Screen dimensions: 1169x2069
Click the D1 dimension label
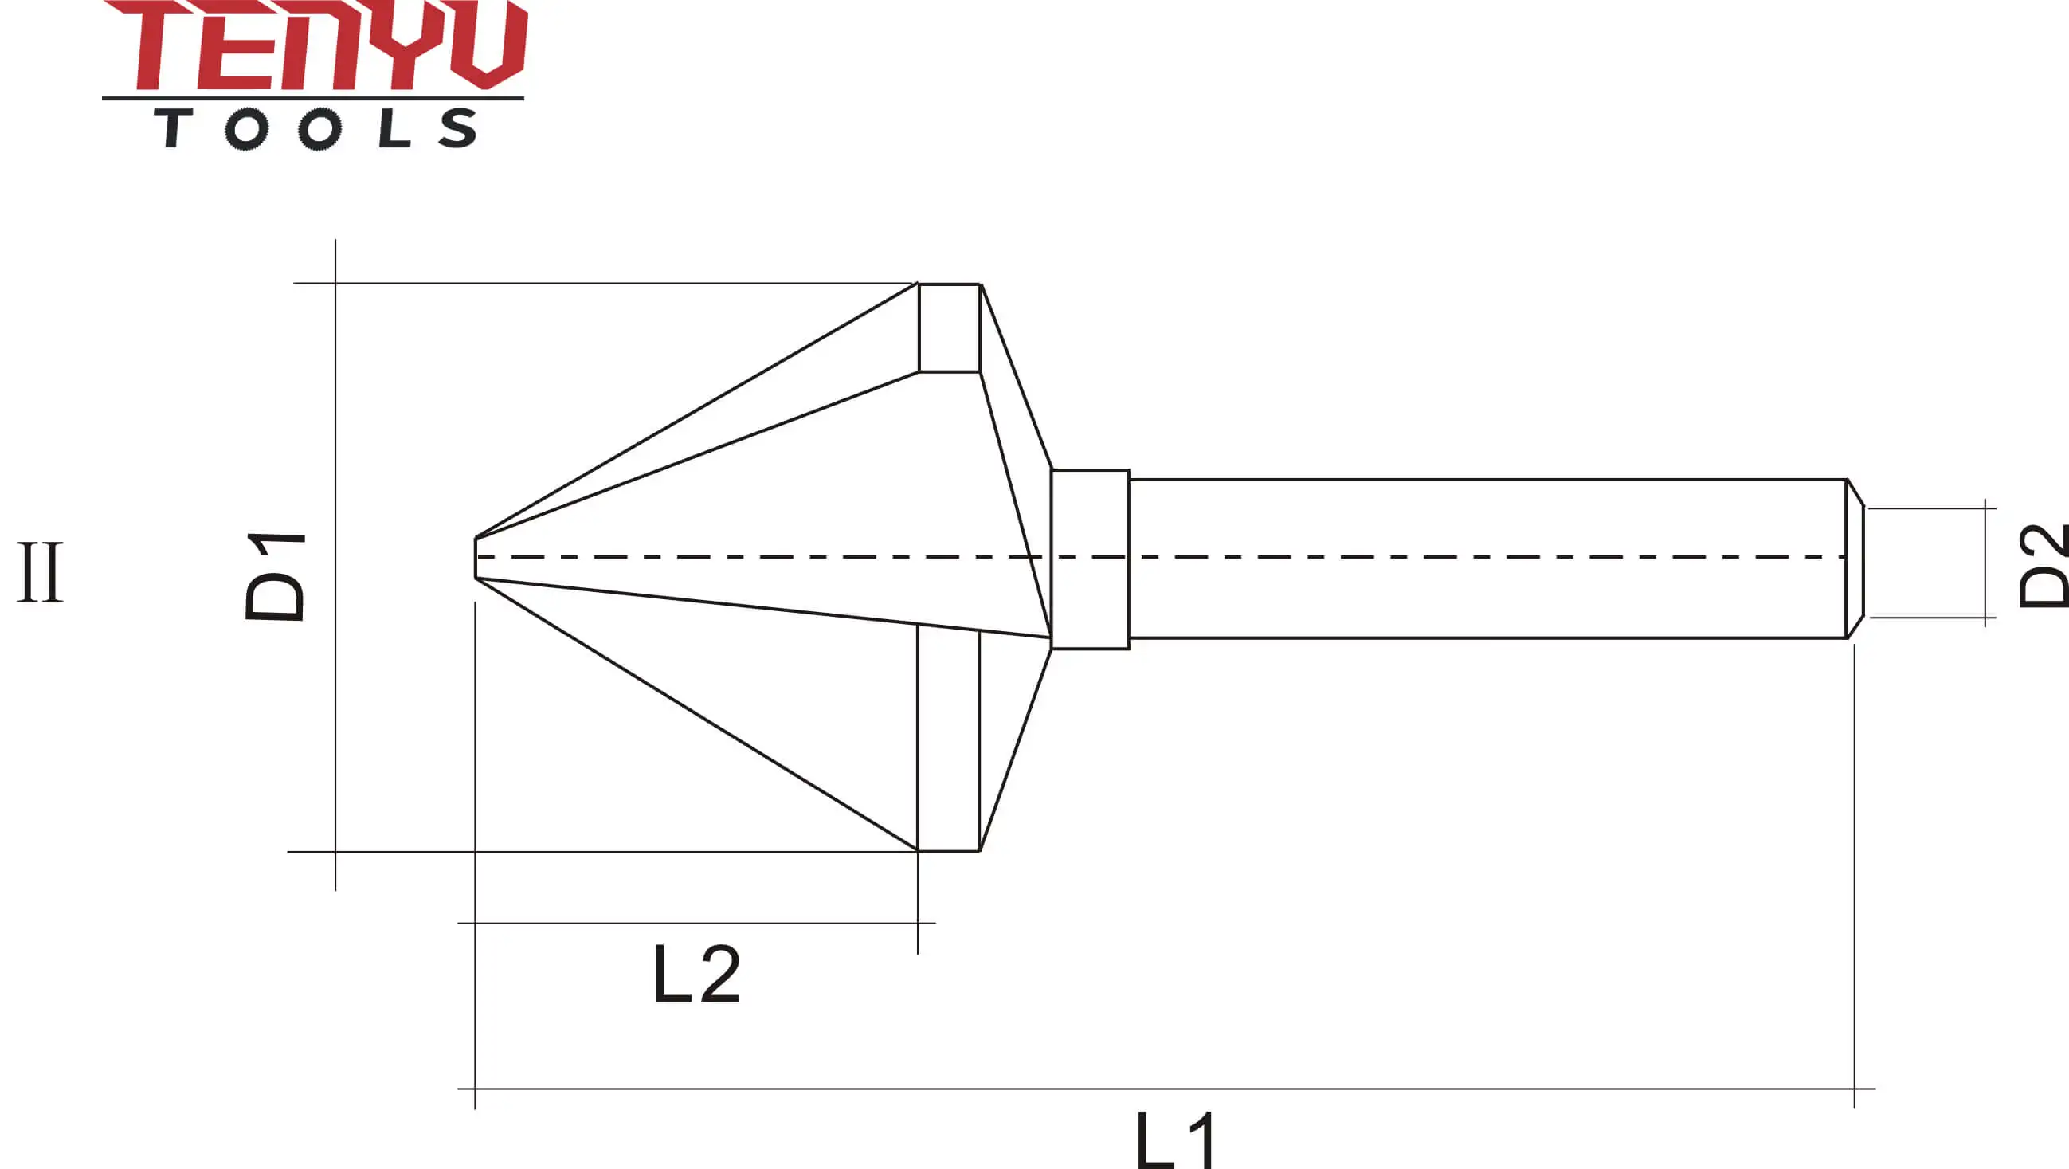(275, 575)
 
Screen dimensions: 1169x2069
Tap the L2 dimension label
(696, 975)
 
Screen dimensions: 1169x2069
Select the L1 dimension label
(1177, 1141)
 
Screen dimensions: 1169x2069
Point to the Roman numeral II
(40, 572)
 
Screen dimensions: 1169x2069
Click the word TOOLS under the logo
(315, 128)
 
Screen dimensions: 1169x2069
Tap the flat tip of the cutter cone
(476, 558)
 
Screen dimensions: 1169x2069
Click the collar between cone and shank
(1090, 559)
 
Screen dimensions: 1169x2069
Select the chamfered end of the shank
(1855, 559)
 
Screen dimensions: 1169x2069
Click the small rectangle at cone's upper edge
(950, 328)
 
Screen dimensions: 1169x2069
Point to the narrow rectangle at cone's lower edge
(949, 739)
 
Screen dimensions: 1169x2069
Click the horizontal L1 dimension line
(1165, 1089)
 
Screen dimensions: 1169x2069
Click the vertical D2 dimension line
(1986, 563)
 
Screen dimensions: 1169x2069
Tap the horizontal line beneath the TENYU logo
(313, 98)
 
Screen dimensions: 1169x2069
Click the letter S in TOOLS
(458, 128)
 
